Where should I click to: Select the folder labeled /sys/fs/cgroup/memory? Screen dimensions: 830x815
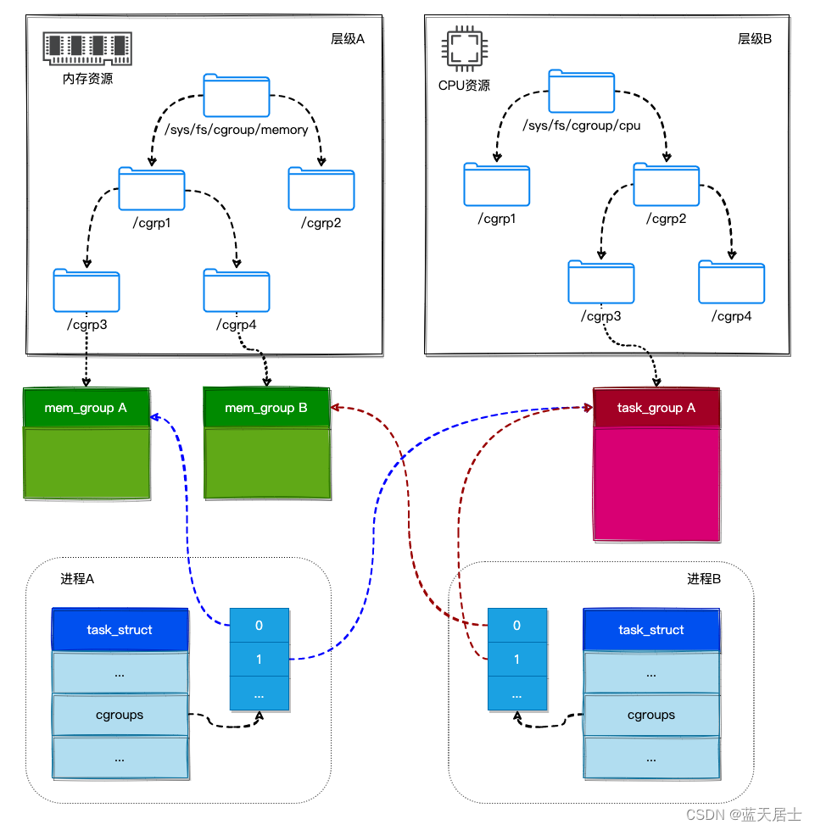point(237,96)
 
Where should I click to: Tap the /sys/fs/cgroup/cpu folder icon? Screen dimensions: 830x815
point(581,91)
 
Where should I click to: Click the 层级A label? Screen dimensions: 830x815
point(347,39)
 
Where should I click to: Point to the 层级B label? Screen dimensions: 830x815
point(754,39)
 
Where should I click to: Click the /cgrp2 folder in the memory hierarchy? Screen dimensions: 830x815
point(321,189)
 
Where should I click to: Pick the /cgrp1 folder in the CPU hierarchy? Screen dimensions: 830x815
point(497,184)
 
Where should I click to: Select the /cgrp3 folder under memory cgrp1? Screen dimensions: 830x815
point(86,291)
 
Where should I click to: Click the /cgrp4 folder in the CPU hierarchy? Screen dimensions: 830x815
point(731,282)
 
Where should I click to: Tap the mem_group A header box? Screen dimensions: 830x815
point(86,408)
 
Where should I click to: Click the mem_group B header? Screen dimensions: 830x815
point(265,408)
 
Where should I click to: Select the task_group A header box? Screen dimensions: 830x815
point(656,408)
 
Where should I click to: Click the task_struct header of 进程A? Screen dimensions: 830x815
point(120,630)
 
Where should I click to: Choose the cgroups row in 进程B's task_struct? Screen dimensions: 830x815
point(651,715)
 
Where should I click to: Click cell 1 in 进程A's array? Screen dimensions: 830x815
point(259,659)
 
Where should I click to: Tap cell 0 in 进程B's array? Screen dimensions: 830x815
point(516,626)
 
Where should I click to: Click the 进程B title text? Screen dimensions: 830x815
point(703,579)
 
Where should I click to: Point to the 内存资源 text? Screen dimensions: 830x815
point(88,79)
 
